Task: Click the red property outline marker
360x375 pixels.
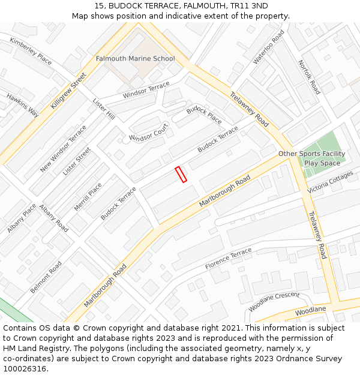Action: pos(181,175)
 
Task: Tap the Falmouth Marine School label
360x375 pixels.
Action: pos(135,59)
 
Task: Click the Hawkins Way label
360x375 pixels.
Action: pos(22,105)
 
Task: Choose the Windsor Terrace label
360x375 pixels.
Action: pos(146,91)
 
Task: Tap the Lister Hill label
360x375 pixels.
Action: pos(103,107)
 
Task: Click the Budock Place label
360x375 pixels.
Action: pos(203,114)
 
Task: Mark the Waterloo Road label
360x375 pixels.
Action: pos(268,47)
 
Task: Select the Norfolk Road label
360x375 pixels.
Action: pos(309,77)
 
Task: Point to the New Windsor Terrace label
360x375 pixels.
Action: pos(63,149)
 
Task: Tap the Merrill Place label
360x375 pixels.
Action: pos(88,197)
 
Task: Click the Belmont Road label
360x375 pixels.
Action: pos(46,277)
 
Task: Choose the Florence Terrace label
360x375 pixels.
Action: pos(229,259)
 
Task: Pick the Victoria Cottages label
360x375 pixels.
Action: pos(330,182)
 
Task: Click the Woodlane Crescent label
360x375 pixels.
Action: pos(274,301)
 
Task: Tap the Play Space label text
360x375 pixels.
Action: pos(322,163)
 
